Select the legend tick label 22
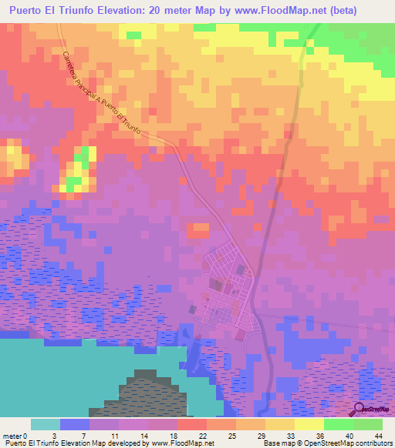pos(204,436)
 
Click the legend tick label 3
pos(59,436)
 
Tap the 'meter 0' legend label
pos(15,436)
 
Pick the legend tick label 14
pos(145,436)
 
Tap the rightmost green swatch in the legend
pos(368,424)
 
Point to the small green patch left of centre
pos(74,184)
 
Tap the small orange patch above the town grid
pos(199,229)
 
